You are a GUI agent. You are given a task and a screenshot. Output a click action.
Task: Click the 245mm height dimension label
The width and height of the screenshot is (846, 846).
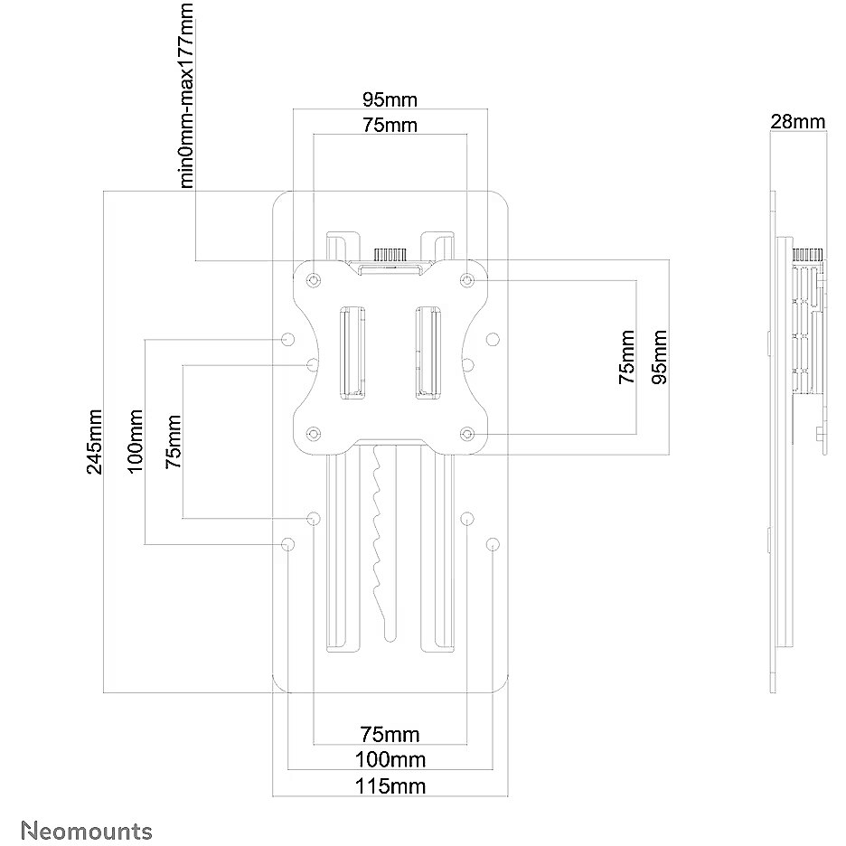[94, 441]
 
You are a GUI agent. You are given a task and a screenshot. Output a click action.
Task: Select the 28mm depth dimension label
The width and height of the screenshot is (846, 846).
[797, 122]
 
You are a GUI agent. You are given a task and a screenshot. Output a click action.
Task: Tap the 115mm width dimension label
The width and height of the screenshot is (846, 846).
[390, 786]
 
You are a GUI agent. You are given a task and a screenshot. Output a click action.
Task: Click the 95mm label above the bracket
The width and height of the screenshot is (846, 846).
[390, 99]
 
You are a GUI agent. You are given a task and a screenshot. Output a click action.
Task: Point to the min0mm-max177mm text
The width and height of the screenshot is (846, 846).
[185, 96]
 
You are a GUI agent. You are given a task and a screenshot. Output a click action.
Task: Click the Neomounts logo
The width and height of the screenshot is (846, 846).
[87, 831]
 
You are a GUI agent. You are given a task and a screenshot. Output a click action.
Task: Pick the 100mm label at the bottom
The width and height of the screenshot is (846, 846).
[390, 759]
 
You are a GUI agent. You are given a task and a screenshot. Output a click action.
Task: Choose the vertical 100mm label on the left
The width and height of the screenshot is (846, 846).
[135, 441]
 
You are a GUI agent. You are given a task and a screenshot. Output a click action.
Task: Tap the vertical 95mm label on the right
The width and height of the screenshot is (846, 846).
[659, 357]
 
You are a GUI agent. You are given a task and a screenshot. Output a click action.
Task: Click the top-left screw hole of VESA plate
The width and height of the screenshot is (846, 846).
[314, 280]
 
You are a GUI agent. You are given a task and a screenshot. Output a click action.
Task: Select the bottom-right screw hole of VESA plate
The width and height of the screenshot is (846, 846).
[467, 433]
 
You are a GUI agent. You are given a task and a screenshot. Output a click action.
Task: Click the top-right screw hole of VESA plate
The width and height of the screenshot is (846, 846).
[467, 280]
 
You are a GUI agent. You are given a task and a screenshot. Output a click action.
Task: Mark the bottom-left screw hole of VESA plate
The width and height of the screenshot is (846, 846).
[314, 433]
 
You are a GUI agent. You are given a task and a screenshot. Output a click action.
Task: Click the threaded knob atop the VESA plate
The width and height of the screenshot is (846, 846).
[390, 255]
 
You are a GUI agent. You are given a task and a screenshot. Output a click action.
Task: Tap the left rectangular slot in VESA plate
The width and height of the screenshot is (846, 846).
[352, 352]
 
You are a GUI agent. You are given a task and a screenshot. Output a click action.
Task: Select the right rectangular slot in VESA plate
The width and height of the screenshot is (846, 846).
[428, 352]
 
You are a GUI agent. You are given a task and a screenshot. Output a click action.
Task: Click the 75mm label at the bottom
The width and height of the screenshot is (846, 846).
[390, 734]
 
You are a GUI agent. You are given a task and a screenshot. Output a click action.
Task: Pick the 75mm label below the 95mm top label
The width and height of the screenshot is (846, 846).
[390, 125]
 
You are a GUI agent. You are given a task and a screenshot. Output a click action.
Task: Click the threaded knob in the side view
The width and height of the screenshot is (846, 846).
[806, 255]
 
